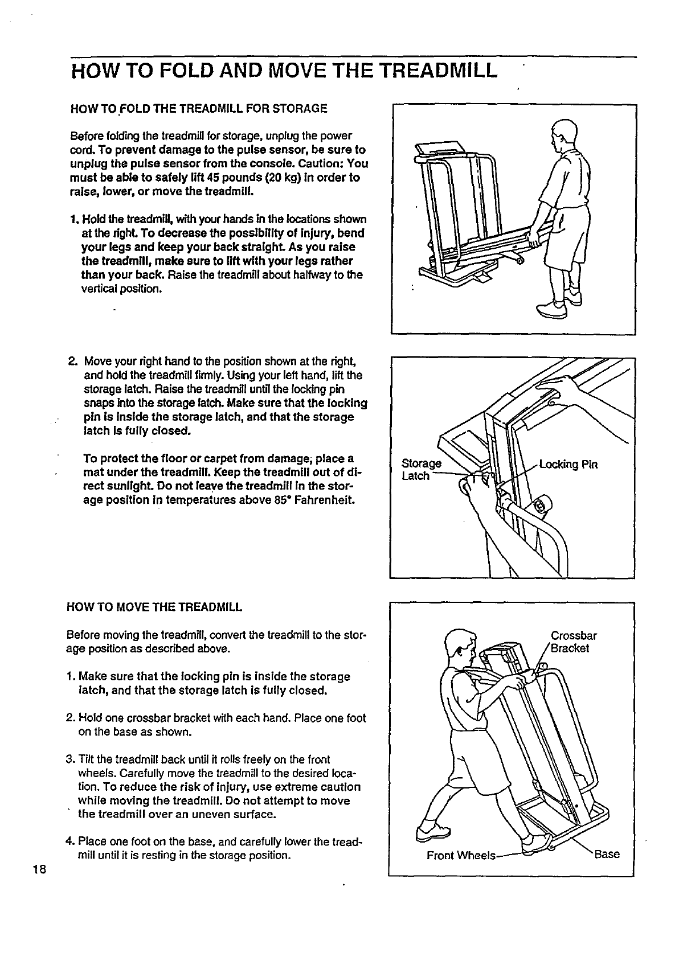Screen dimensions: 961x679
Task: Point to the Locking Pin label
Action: [567, 465]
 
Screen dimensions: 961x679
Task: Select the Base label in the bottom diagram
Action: [607, 854]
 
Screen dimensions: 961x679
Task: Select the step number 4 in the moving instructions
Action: [70, 841]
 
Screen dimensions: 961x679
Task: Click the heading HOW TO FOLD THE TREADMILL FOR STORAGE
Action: [198, 108]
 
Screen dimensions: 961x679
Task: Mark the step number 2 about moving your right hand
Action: [72, 362]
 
